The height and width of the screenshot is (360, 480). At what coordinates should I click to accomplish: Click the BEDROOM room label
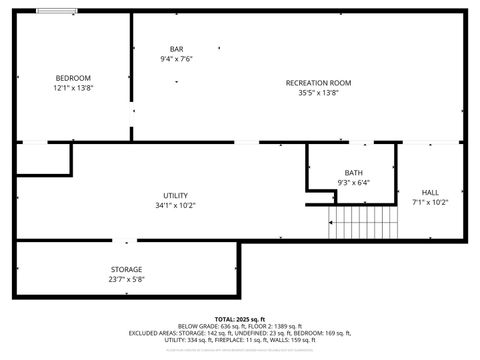click(73, 78)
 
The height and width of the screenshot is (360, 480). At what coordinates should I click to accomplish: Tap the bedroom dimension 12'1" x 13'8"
click(73, 88)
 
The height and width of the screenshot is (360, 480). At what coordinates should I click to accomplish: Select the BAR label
click(176, 49)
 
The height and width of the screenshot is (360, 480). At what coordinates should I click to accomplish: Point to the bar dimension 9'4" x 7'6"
click(176, 59)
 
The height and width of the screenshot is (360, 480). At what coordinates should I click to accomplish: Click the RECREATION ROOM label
click(318, 83)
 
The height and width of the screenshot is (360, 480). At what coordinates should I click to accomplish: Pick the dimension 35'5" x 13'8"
click(318, 93)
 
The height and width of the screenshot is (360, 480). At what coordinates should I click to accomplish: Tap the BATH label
click(354, 173)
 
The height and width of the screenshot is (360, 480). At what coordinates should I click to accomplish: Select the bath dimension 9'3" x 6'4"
click(354, 183)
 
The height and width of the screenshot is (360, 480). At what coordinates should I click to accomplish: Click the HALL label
click(430, 192)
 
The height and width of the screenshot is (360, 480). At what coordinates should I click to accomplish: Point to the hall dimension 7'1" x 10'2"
click(430, 202)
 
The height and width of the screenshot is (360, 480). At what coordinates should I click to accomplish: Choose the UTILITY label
click(176, 195)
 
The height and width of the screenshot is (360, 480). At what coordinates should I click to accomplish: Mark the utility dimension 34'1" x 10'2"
click(176, 205)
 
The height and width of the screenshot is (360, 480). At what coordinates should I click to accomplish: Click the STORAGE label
click(126, 269)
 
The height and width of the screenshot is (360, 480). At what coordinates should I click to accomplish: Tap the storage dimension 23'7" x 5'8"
click(126, 280)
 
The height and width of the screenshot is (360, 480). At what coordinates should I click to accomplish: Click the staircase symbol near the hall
click(365, 221)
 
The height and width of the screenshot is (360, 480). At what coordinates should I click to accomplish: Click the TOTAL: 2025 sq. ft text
click(240, 319)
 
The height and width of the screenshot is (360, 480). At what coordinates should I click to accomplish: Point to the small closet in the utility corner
click(43, 158)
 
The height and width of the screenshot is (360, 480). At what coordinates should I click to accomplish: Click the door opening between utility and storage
click(122, 240)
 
